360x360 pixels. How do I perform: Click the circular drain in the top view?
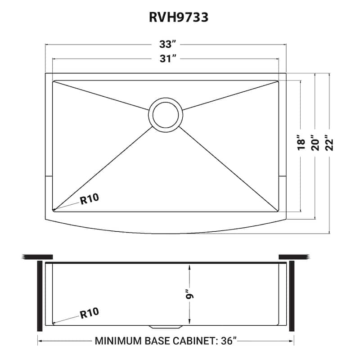166,114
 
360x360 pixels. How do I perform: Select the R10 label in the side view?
90,311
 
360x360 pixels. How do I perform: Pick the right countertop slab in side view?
295,257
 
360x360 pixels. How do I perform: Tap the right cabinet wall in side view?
291,295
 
